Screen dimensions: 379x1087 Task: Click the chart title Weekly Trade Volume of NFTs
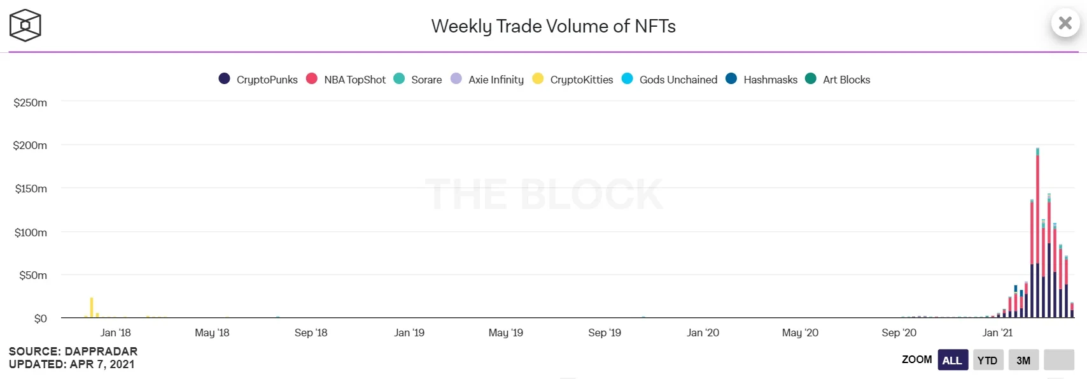click(x=553, y=26)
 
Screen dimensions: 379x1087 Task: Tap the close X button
click(x=1065, y=24)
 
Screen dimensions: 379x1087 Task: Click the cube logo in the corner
click(x=25, y=25)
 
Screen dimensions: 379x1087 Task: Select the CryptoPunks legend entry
click(x=258, y=80)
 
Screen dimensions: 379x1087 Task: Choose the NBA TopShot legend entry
click(x=346, y=80)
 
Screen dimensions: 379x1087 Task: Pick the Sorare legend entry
click(x=418, y=80)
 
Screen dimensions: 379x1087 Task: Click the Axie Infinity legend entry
click(x=487, y=80)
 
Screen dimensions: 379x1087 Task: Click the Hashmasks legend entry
click(x=762, y=80)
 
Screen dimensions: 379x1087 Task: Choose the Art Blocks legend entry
click(x=838, y=80)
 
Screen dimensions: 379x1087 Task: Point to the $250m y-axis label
click(x=31, y=103)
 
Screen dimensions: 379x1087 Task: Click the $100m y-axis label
click(x=31, y=232)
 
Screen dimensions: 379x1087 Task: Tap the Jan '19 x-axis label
click(x=409, y=333)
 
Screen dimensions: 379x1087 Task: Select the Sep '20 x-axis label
click(x=899, y=333)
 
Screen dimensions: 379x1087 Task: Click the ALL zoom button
click(x=952, y=360)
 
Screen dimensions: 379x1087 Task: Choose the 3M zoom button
click(x=1023, y=360)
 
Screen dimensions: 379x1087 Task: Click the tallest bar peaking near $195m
click(x=1037, y=236)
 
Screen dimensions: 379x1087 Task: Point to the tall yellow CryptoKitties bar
click(x=92, y=308)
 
